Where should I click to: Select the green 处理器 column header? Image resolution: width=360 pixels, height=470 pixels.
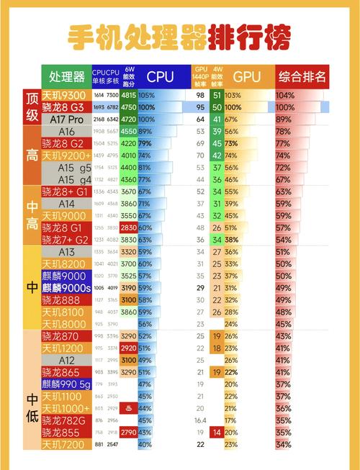coord(66,76)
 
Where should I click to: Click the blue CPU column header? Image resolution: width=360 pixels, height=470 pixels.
coord(160,76)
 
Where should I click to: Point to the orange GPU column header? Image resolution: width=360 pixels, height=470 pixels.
coord(247,76)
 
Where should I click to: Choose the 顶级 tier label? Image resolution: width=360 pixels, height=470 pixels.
coord(31,107)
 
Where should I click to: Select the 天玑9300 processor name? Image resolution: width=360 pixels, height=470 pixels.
coord(65,95)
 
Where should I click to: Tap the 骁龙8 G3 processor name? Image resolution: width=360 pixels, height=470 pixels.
coord(65,107)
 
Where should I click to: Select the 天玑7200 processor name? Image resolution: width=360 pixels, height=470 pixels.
coord(65,445)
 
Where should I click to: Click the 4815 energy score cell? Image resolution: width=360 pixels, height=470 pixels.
coord(129,95)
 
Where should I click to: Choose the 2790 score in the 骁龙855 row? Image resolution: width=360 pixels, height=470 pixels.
coord(129,433)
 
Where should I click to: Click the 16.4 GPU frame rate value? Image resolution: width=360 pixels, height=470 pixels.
coord(199,420)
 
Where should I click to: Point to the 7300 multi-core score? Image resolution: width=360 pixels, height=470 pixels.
coord(112,95)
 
